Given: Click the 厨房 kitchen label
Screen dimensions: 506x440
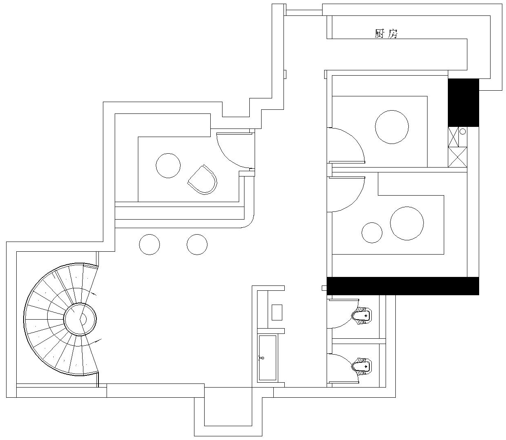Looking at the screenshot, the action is [386, 34].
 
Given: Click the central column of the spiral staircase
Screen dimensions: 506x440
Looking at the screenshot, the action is [80, 319].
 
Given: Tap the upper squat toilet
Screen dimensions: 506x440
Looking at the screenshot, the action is [362, 316].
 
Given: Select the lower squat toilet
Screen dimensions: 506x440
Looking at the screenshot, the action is [362, 367].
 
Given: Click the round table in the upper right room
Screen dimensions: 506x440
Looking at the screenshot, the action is [392, 127].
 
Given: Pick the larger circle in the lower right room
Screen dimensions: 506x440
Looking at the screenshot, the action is [407, 224].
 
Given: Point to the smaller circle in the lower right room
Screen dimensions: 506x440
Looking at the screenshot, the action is [372, 233].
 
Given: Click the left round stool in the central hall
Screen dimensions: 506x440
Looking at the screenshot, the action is [149, 244].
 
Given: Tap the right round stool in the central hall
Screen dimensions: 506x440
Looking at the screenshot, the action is [197, 244].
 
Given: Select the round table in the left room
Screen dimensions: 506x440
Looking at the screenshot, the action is [168, 166].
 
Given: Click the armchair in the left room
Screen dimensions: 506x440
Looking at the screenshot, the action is [202, 180].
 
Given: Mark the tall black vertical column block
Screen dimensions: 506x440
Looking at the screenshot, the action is [463, 103].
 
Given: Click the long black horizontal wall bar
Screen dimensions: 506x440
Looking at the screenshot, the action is [403, 286].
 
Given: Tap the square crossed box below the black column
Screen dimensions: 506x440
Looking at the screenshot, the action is [458, 157].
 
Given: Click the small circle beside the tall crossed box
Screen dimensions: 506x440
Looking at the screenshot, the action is [463, 131].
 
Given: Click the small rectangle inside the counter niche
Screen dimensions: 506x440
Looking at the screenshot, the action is [277, 313].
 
